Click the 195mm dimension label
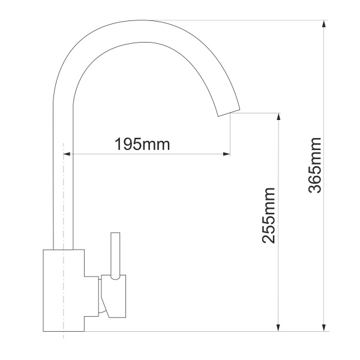tap(143, 144)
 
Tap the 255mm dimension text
tap(269, 215)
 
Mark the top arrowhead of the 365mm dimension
tap(325, 24)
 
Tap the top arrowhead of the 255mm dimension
tap(278, 115)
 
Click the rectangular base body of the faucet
tap(64, 290)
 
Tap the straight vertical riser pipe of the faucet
tap(63, 180)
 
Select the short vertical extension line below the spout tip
tap(230, 135)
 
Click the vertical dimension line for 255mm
tap(278, 270)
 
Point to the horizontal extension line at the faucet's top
tap(252, 20)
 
